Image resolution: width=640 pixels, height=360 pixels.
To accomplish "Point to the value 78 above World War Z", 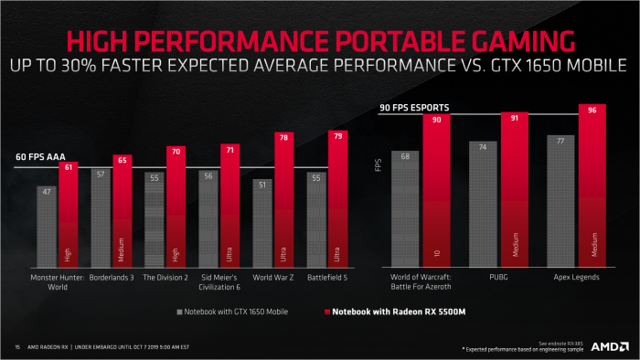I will pos(284,137).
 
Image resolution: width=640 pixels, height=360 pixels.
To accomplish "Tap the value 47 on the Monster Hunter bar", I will pos(48,192).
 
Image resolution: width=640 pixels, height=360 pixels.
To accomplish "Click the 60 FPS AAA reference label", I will pos(41,156).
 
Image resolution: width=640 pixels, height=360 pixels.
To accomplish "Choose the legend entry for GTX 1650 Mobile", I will pos(232,312).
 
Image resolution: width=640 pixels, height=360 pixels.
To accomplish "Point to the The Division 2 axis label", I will pos(165,275).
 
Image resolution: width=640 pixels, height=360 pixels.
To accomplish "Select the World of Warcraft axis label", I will pos(421,280).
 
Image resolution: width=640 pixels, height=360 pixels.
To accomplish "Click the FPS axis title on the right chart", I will pos(378,165).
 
